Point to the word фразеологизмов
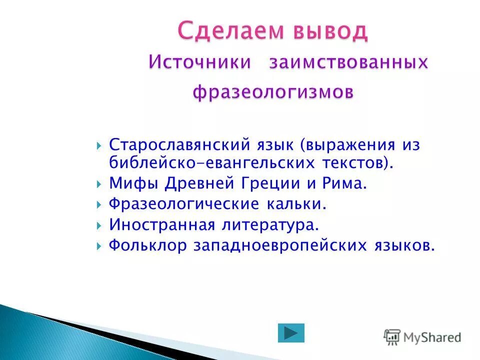tap(273, 92)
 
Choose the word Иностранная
tap(162, 224)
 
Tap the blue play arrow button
tap(291, 333)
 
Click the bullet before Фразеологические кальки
tap(98, 204)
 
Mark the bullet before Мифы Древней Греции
tap(98, 184)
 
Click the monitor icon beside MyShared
tap(392, 336)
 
